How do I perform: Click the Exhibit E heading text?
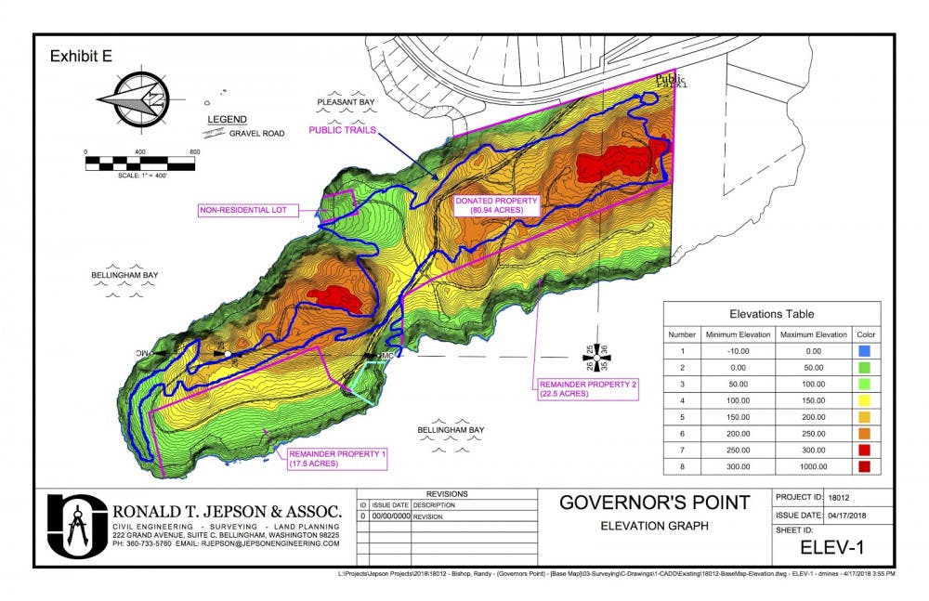tap(81, 56)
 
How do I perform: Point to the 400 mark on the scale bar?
tap(140, 151)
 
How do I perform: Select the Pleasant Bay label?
tap(345, 102)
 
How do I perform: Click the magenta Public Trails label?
tap(342, 131)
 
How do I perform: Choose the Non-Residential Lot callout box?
tap(248, 211)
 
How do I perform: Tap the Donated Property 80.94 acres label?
tap(490, 205)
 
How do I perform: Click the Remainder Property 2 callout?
tap(584, 388)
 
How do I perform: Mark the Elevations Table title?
tap(772, 314)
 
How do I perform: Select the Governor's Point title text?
tap(654, 503)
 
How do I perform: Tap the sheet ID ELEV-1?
tap(832, 548)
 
